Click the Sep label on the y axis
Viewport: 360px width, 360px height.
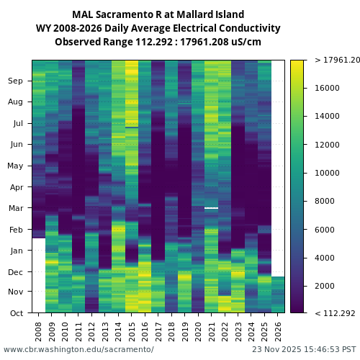tap(16, 81)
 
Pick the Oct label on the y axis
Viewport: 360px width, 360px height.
tap(16, 312)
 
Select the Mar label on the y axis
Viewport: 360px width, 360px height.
tap(16, 208)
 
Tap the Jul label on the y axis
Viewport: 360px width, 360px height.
tap(17, 123)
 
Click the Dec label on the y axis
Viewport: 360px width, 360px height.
tap(16, 271)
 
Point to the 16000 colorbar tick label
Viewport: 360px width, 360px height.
tap(327, 88)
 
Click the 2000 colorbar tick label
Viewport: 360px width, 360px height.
tap(325, 286)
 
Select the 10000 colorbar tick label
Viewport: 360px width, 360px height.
tap(327, 173)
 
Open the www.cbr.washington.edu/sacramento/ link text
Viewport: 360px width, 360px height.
tap(78, 349)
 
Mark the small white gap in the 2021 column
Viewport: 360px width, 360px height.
tap(211, 207)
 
